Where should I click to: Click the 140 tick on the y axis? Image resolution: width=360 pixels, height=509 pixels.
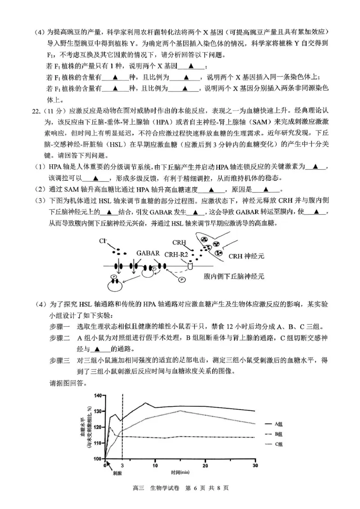point(98,396)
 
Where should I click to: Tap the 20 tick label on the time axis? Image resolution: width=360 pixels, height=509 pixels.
point(205,465)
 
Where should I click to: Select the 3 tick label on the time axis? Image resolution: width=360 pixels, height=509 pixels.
point(122,465)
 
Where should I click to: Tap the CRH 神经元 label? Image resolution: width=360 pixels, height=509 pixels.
point(246,256)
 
